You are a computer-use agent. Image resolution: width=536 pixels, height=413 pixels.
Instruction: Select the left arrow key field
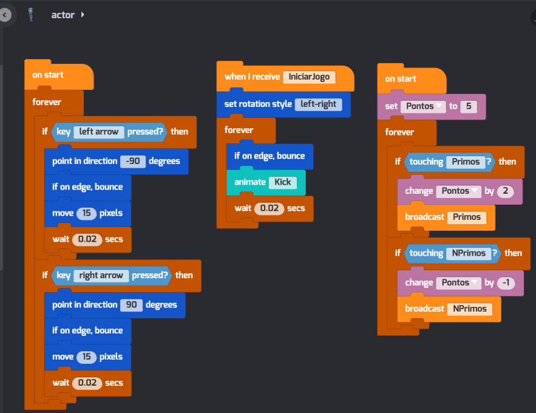tap(98, 131)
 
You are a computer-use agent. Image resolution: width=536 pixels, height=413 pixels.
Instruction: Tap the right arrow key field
tap(101, 275)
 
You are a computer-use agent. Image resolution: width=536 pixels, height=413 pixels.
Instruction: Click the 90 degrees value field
tap(131, 305)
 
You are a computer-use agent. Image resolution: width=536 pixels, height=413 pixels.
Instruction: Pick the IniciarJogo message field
tap(309, 77)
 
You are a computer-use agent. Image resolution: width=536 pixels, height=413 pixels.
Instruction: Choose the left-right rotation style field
tap(318, 104)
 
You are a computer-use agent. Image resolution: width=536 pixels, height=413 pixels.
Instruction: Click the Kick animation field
tap(282, 182)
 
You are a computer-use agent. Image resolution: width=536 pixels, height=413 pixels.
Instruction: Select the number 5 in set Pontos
tap(468, 106)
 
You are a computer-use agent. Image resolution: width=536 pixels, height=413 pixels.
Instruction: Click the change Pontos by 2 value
tap(505, 191)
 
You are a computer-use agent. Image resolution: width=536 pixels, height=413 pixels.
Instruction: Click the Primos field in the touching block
tap(466, 162)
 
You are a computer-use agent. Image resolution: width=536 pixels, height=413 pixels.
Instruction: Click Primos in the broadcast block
tap(466, 217)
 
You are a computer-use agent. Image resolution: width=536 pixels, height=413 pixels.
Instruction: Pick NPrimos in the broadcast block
tap(469, 309)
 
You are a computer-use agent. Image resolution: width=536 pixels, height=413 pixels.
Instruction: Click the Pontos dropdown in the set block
tap(423, 106)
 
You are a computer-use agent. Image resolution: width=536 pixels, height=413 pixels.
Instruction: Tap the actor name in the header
tap(63, 15)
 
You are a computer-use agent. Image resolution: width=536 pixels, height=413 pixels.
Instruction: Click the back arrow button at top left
tap(5, 15)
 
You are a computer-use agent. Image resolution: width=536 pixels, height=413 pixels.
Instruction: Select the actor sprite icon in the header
tap(31, 15)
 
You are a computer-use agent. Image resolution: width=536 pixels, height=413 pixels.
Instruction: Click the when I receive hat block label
tap(252, 77)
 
